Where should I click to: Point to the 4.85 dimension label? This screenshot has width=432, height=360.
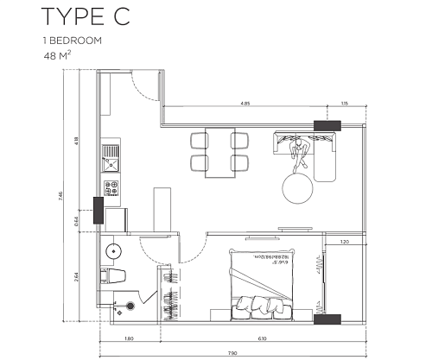click(x=246, y=104)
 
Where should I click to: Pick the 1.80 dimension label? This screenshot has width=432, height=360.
click(x=127, y=338)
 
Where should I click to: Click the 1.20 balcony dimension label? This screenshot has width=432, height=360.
click(x=345, y=243)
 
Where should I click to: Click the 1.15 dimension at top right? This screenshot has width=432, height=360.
click(x=345, y=104)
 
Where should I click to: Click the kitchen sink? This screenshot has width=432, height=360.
click(x=110, y=158)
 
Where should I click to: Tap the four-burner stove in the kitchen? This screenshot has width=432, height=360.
click(x=111, y=186)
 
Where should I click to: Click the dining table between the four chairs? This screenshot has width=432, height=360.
click(x=220, y=152)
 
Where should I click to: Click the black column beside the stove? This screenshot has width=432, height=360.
click(x=98, y=209)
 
